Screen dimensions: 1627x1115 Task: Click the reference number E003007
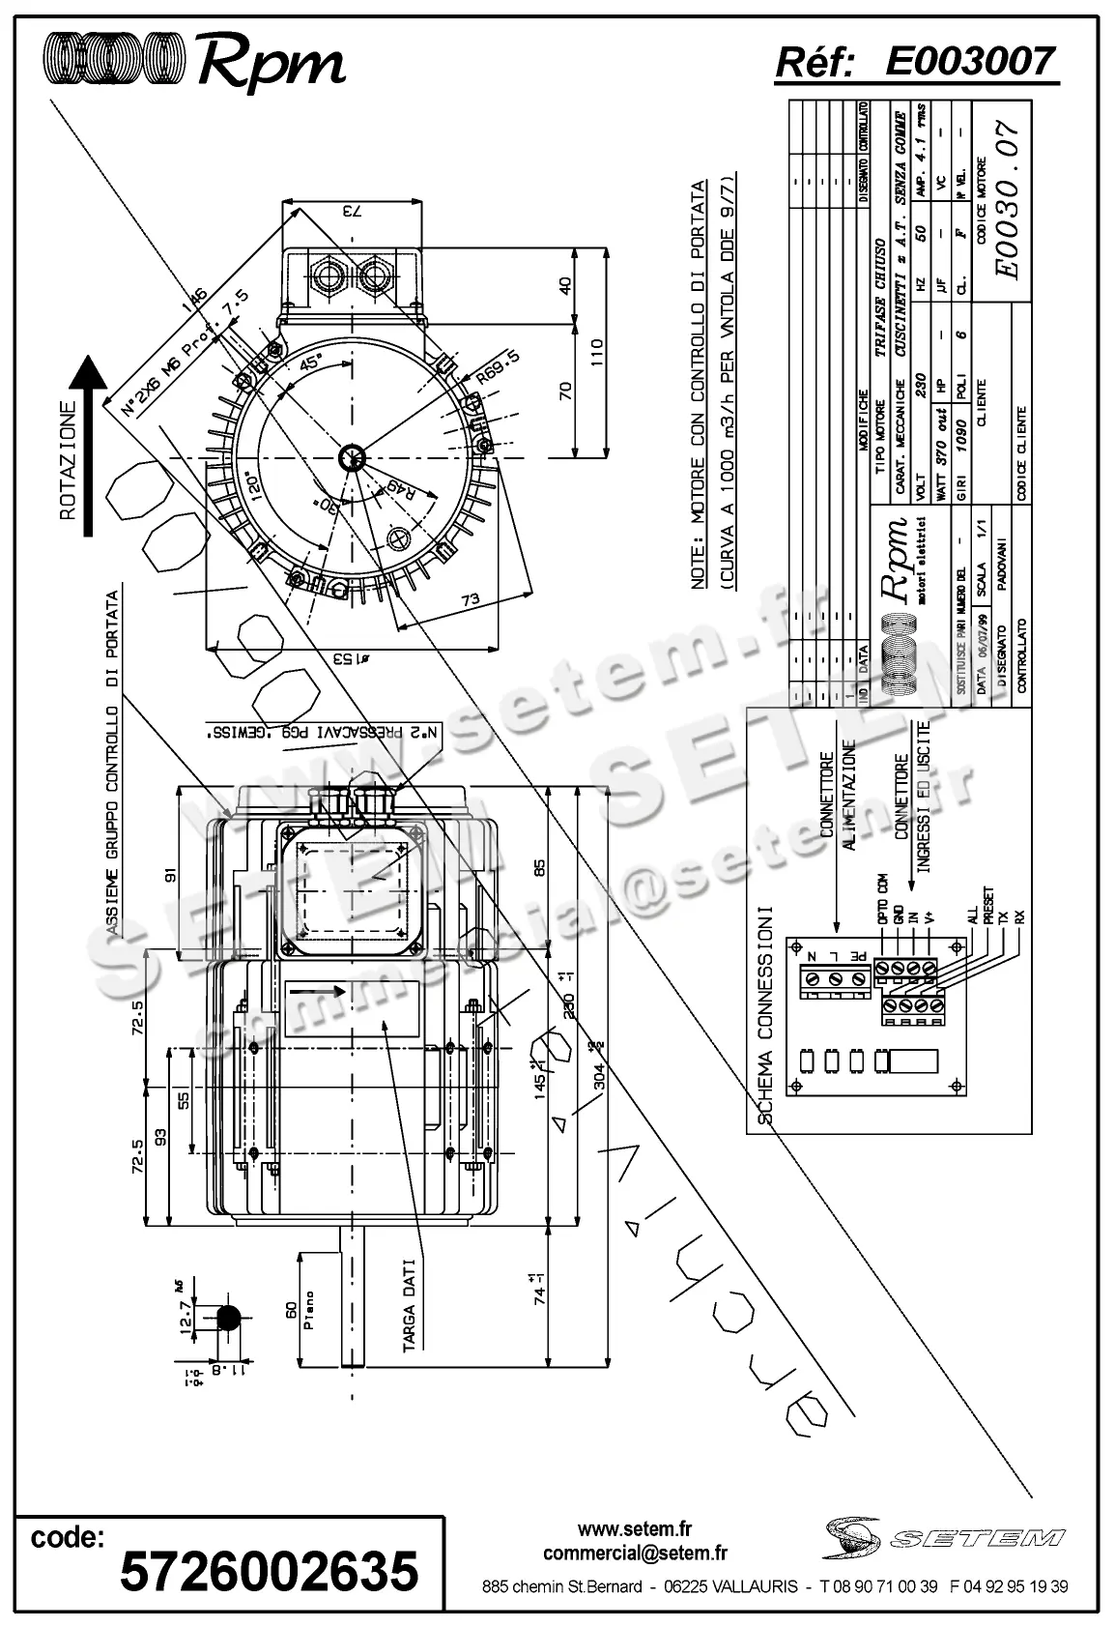(970, 62)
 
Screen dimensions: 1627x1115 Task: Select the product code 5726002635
(270, 1571)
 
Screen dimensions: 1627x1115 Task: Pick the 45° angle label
(312, 365)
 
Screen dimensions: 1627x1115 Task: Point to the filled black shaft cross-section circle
(229, 1317)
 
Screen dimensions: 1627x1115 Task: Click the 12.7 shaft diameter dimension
(186, 1316)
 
